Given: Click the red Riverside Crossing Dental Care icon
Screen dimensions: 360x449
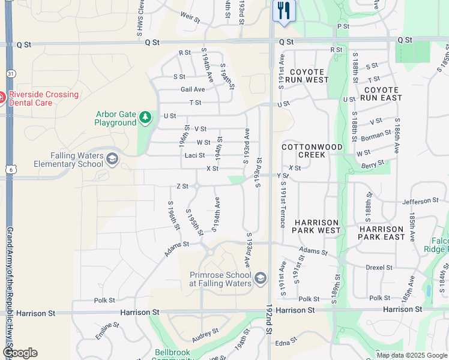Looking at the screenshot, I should click(x=2, y=97).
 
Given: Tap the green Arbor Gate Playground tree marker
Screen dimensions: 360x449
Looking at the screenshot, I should click(x=145, y=117).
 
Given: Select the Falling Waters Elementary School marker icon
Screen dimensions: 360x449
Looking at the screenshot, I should click(x=112, y=159).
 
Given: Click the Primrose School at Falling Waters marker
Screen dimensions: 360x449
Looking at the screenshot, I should click(x=260, y=278).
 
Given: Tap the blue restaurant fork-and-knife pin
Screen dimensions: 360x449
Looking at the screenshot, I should click(x=283, y=11).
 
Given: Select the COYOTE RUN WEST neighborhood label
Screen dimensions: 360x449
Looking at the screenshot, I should click(x=307, y=76).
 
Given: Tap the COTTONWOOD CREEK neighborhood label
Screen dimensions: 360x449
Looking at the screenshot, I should click(x=312, y=151).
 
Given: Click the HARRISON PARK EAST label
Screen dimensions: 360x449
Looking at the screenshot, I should click(x=382, y=233).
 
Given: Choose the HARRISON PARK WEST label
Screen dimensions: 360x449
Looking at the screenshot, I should click(x=316, y=226).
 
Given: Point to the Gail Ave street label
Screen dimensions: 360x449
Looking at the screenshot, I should click(x=193, y=89).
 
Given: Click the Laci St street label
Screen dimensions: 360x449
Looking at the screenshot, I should click(x=194, y=155).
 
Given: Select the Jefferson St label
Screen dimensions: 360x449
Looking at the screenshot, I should click(x=421, y=201).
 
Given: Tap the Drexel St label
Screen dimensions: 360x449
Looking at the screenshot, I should click(x=380, y=268).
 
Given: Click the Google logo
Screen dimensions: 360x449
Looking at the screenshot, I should click(x=19, y=353).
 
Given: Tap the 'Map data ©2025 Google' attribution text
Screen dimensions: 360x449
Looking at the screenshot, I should click(x=411, y=355).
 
